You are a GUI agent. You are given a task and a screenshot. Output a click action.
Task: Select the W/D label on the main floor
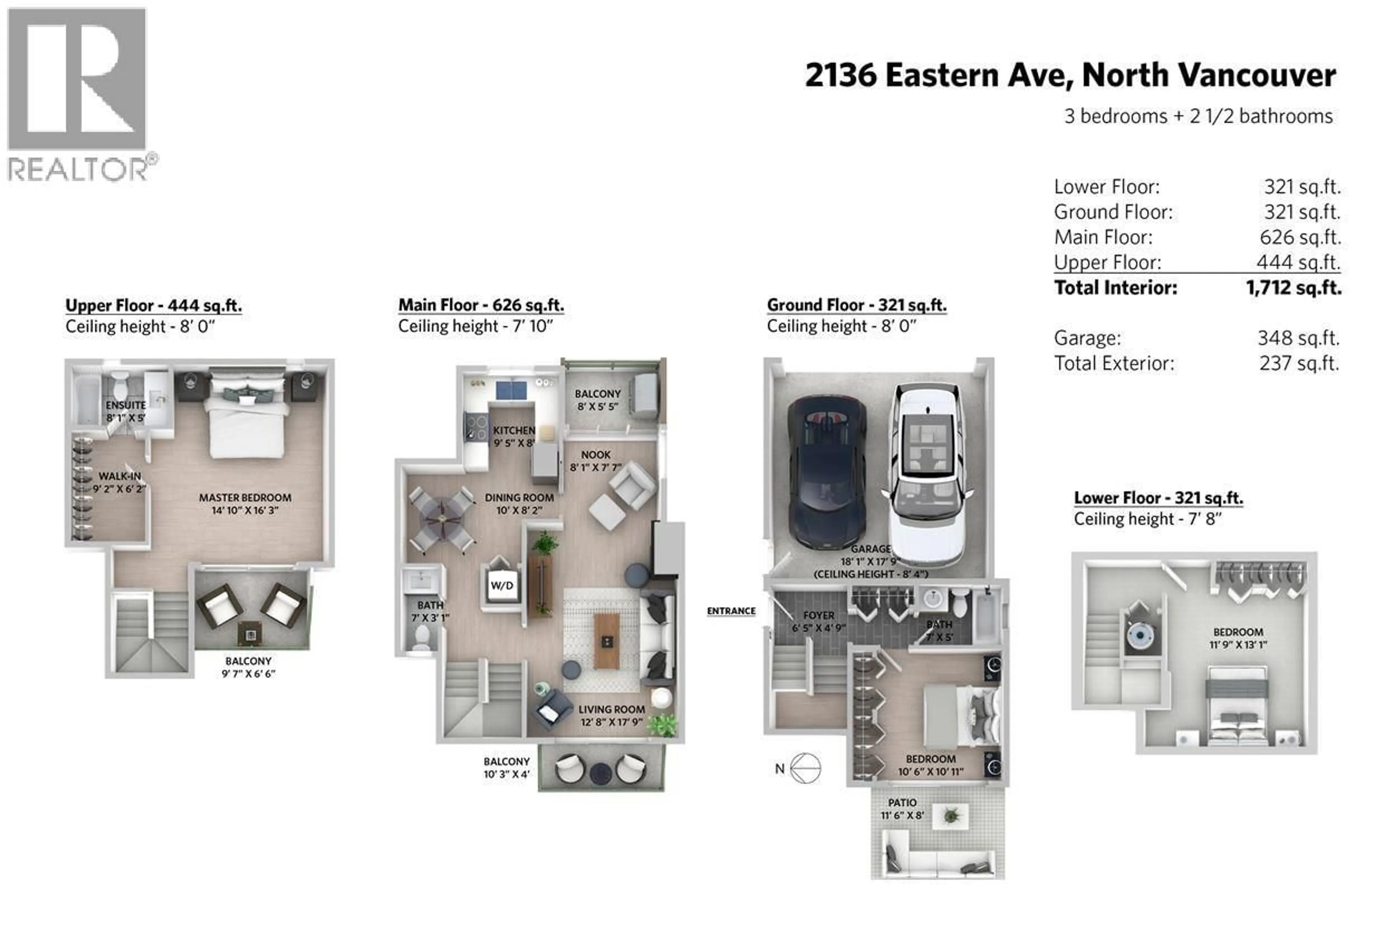coord(502,586)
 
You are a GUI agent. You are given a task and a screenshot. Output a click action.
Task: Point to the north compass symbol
coord(805,768)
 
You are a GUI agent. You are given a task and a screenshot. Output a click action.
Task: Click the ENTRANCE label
coord(731,611)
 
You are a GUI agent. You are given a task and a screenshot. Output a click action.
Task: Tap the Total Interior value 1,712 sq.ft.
coord(1293,288)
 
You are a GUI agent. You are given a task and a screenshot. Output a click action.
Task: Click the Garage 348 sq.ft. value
coord(1298,338)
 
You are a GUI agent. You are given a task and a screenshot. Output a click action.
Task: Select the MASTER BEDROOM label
coord(245,497)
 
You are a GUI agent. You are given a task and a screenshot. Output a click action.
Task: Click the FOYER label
coord(818,615)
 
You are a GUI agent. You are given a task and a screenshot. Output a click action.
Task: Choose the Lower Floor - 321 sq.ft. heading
coord(1158,498)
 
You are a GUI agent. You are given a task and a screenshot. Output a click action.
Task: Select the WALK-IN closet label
coord(119,476)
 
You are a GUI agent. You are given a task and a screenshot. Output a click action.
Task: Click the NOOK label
coord(596,455)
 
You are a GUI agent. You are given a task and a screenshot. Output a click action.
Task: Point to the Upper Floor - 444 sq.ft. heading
coord(153,305)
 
